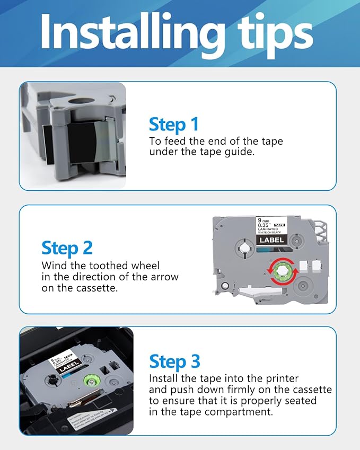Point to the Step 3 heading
pos(174,361)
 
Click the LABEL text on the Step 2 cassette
pos(271,240)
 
